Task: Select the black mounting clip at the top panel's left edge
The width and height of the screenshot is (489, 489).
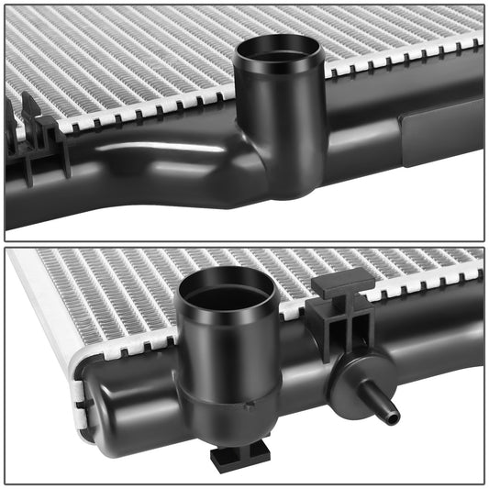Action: tap(37, 142)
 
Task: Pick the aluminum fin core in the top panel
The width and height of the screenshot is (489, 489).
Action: tap(138, 55)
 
